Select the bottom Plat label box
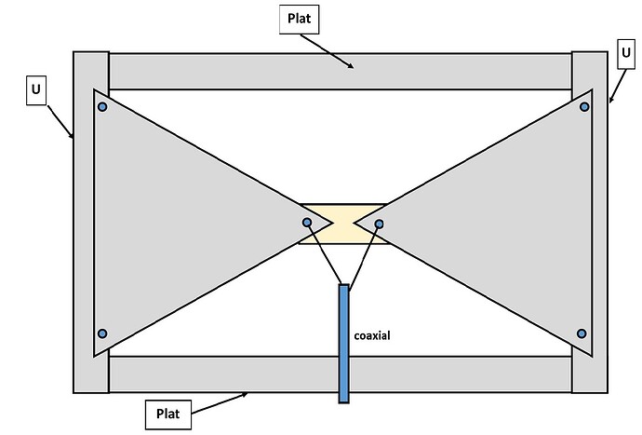[x=168, y=413]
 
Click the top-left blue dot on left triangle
[x=102, y=106]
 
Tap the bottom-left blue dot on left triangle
[x=102, y=333]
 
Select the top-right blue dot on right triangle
[x=584, y=106]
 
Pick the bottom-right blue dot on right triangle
[x=582, y=333]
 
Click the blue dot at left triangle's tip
[x=307, y=223]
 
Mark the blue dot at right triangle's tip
[x=380, y=224]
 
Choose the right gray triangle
[x=512, y=224]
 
